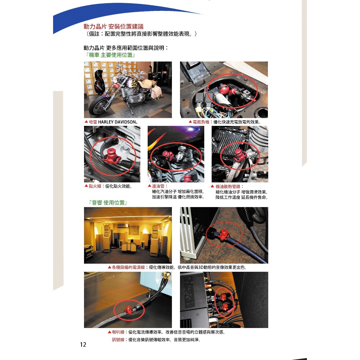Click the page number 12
pos(83,345)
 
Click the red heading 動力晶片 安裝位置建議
pos(114,26)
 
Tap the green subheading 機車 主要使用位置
pos(111,55)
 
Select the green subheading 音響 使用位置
pos(108,203)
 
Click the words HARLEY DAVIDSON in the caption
pos(117,122)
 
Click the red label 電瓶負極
pos(201,122)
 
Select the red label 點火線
pos(95,186)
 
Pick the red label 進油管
pos(158,186)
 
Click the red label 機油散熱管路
pos(228,186)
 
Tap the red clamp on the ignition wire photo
pos(112,156)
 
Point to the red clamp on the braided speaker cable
pos(128,310)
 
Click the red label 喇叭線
pos(118,332)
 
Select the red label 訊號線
pos(118,340)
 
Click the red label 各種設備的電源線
pos(128,268)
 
